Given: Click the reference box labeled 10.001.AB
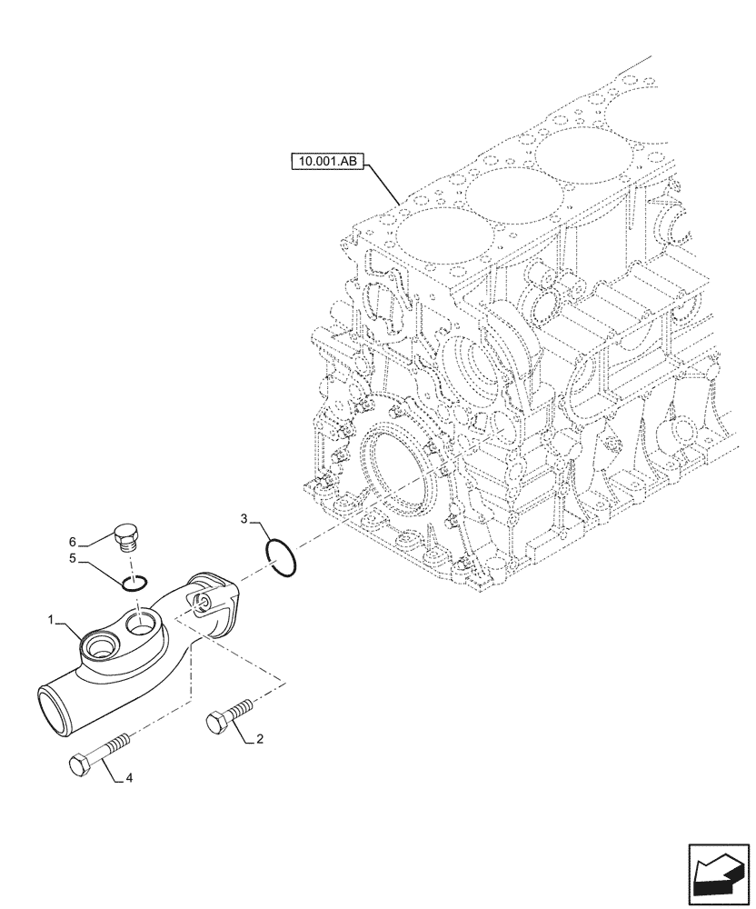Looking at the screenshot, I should click(328, 164).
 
